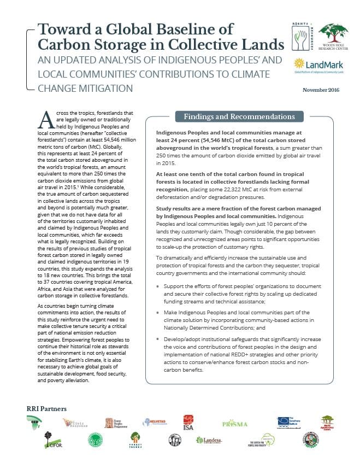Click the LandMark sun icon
coord(298,63)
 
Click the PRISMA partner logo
coord(235,424)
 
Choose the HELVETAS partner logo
coord(155,423)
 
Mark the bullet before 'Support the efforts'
coord(158,286)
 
